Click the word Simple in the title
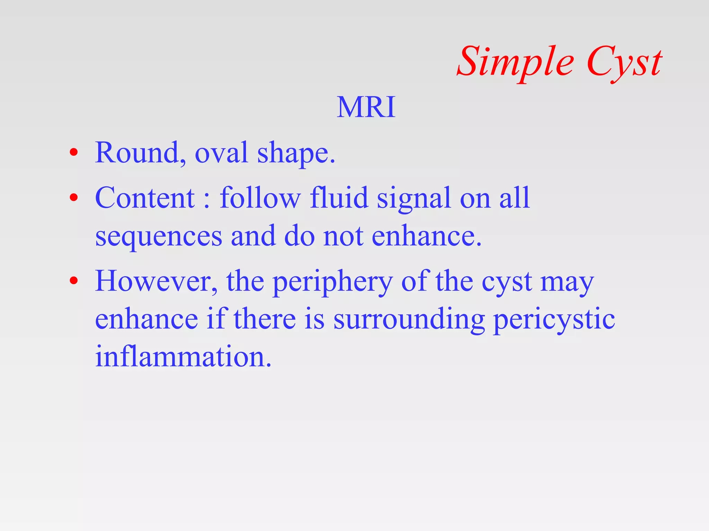click(x=515, y=62)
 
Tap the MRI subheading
click(x=366, y=107)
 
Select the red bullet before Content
click(x=73, y=197)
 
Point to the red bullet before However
click(x=73, y=280)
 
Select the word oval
click(x=222, y=153)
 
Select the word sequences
click(x=159, y=237)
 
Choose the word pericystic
click(x=554, y=320)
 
